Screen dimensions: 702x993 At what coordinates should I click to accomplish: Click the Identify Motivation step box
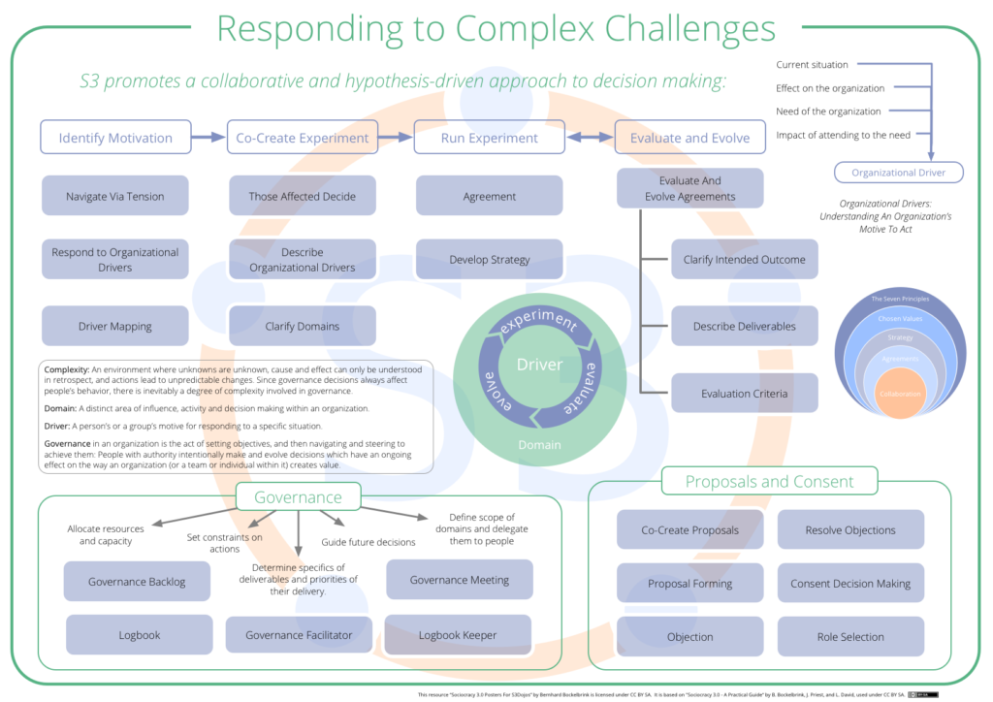click(115, 138)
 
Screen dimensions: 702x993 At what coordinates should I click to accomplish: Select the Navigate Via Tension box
click(115, 196)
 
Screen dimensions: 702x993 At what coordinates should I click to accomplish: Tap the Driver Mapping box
click(115, 327)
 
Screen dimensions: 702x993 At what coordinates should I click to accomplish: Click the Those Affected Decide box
click(303, 196)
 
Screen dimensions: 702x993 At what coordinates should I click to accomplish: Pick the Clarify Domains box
click(303, 327)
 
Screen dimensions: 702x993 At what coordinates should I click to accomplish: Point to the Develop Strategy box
click(490, 260)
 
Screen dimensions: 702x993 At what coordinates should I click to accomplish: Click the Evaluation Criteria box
click(745, 394)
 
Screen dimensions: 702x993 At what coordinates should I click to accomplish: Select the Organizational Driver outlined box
click(899, 173)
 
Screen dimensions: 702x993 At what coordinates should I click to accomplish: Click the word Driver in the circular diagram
click(539, 365)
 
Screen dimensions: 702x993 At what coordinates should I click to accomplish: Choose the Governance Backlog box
click(137, 582)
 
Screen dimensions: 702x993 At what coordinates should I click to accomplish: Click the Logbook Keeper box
click(458, 635)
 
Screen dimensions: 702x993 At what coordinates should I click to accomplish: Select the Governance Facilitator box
click(299, 635)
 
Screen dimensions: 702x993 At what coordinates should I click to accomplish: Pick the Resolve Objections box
click(850, 530)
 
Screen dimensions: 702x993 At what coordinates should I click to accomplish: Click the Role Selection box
click(850, 637)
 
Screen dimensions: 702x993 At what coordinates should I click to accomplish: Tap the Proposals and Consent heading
click(769, 482)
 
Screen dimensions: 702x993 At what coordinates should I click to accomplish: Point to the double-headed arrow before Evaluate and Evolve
click(591, 138)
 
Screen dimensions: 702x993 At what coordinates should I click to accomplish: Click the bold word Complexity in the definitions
click(66, 369)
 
